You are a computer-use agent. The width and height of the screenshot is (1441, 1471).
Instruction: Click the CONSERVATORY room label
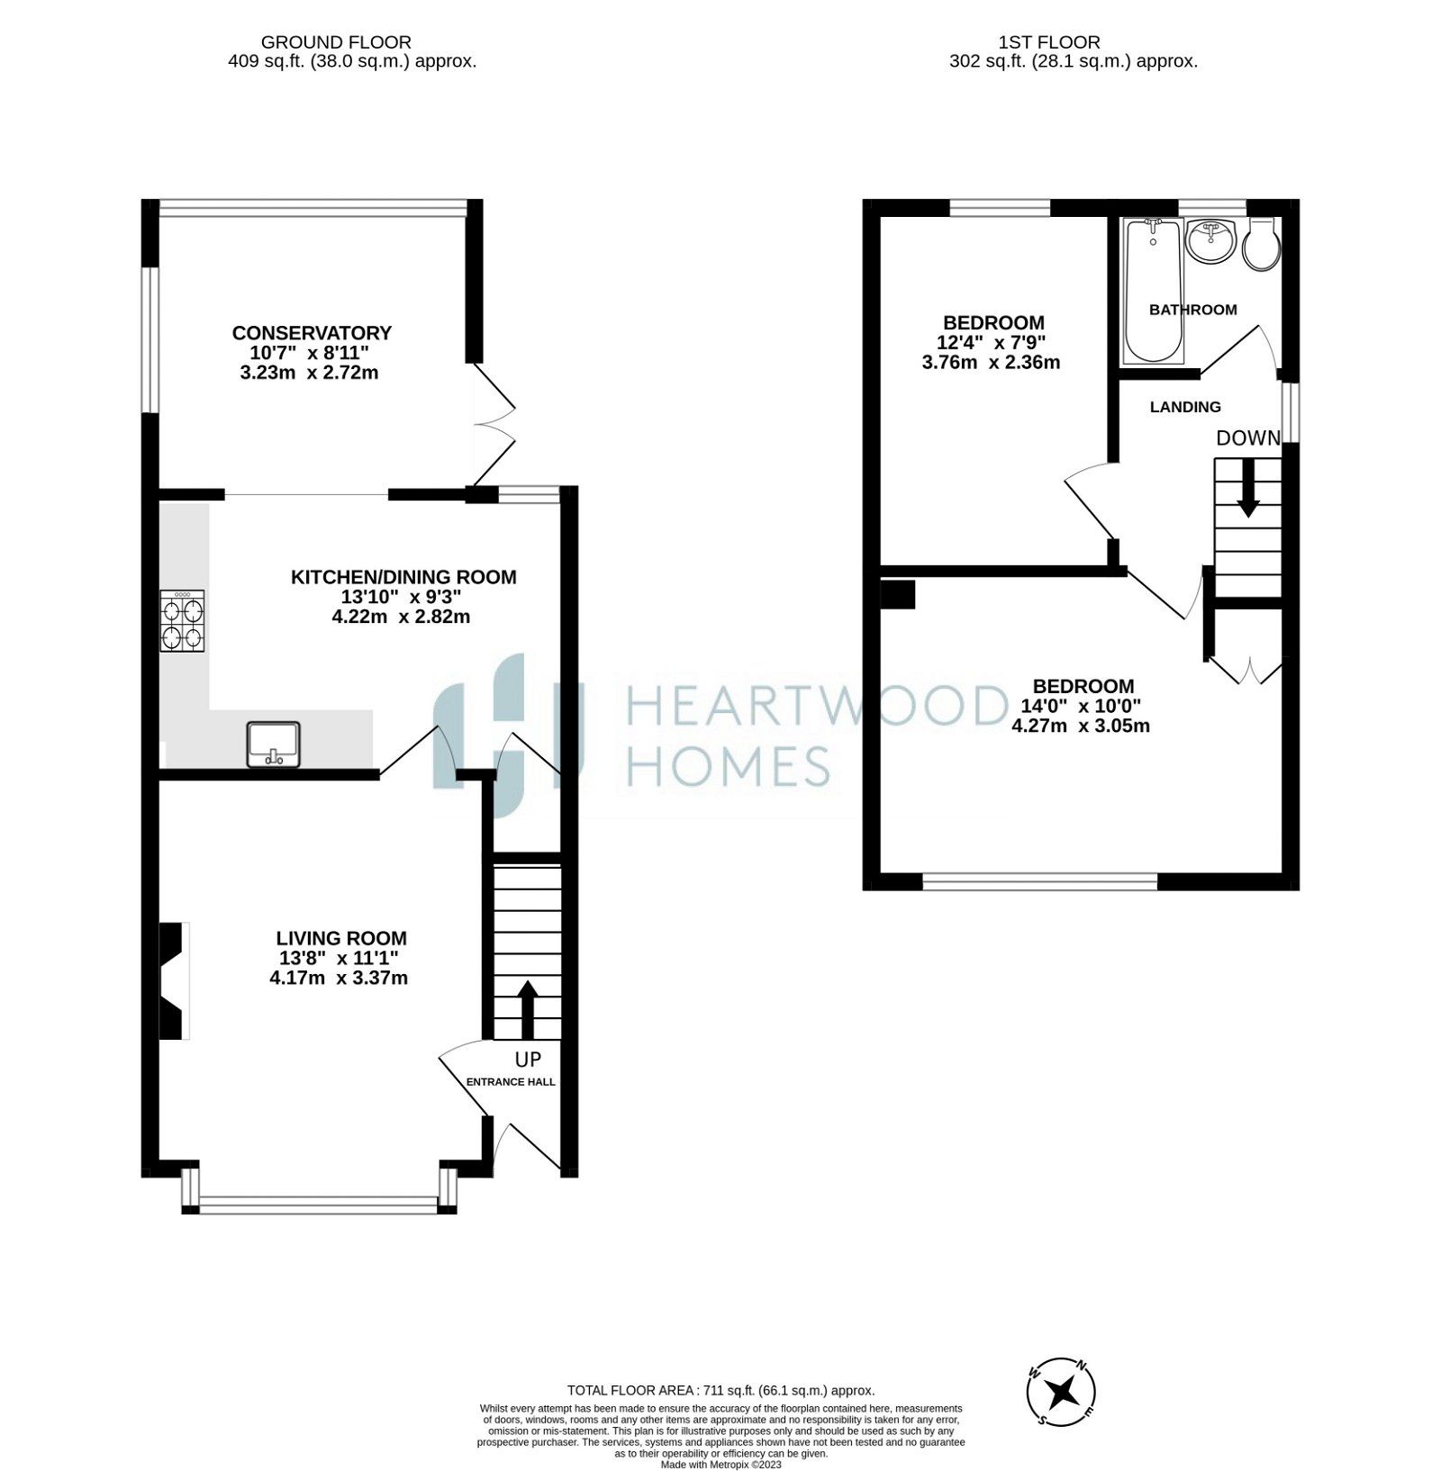312,333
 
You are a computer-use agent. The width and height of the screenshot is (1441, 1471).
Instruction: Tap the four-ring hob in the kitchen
182,621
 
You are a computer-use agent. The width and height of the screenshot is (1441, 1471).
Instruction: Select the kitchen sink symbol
273,745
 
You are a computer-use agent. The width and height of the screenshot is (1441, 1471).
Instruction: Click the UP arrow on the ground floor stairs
527,1008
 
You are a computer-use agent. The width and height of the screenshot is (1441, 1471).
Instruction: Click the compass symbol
1062,1392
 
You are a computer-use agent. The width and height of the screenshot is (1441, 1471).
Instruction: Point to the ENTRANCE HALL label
511,1082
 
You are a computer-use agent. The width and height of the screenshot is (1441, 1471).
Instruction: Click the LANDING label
1185,407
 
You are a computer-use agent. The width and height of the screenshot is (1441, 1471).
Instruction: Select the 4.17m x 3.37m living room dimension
339,978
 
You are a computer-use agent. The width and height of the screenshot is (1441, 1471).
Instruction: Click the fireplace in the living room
172,981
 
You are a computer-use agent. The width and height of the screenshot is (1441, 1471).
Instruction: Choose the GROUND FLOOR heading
336,42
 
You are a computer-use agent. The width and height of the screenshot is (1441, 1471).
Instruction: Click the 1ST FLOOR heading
1049,42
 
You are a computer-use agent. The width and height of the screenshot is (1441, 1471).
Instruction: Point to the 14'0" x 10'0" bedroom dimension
1081,706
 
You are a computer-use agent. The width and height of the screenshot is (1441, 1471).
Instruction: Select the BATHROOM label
1192,310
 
